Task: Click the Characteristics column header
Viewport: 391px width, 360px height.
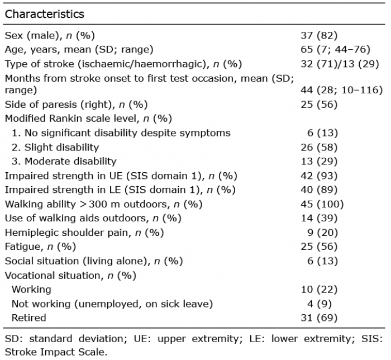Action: click(x=44, y=14)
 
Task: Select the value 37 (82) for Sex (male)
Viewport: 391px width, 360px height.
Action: click(x=319, y=35)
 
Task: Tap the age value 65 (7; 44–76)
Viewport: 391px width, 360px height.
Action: click(x=335, y=49)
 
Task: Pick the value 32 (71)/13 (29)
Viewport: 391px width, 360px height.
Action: click(x=340, y=64)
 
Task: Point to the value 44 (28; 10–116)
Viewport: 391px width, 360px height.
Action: click(x=342, y=90)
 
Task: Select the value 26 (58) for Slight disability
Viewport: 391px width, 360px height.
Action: click(x=319, y=147)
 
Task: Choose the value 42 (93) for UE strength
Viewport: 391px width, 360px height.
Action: click(x=319, y=176)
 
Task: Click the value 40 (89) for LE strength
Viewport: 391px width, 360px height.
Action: click(x=319, y=190)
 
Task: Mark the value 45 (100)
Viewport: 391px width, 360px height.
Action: click(x=322, y=204)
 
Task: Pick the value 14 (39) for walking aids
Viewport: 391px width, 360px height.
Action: click(x=319, y=218)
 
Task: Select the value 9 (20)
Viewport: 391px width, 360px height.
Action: click(x=322, y=233)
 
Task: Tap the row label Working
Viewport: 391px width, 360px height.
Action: click(x=31, y=290)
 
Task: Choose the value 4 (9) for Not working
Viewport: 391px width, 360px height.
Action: click(x=320, y=304)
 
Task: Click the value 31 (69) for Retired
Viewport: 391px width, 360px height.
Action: click(x=319, y=318)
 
